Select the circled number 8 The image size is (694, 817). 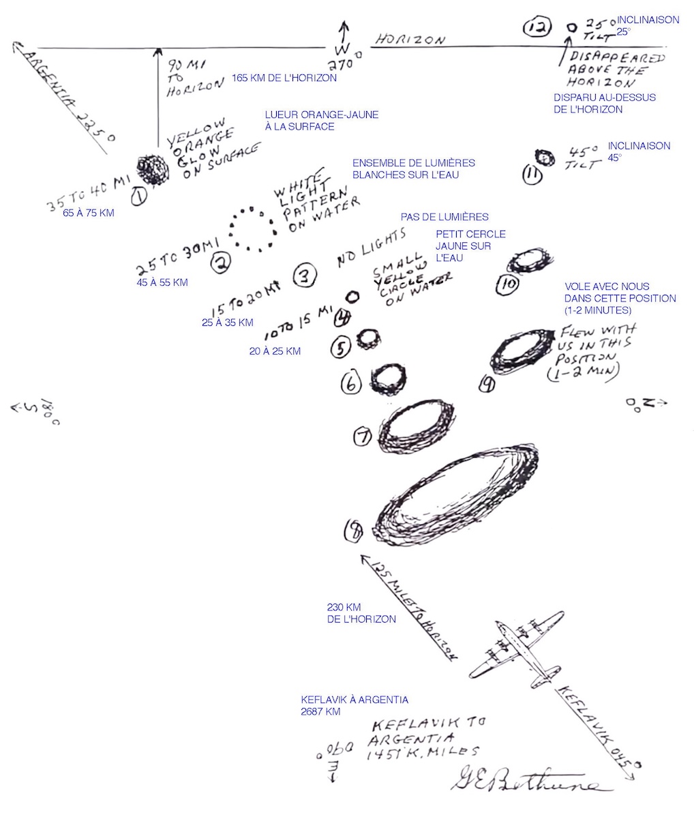(354, 531)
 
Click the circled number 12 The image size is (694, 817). (537, 27)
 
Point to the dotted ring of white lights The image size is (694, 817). (252, 228)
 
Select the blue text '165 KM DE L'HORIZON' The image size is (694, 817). (284, 78)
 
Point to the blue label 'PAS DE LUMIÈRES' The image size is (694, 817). (444, 217)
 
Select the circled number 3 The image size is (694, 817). (305, 275)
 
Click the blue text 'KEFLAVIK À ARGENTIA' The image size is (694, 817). (354, 700)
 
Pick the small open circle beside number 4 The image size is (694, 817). (353, 297)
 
